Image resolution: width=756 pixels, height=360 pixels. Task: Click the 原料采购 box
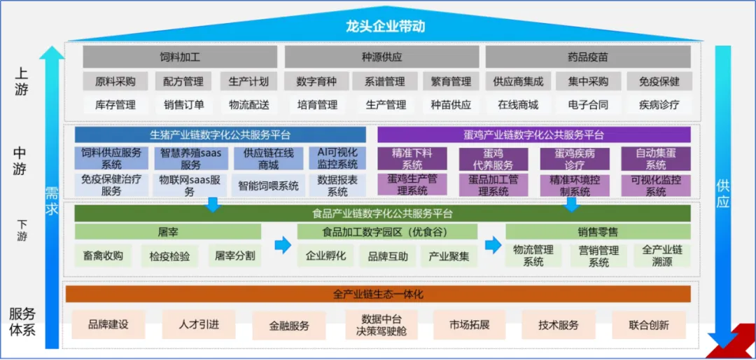click(x=115, y=81)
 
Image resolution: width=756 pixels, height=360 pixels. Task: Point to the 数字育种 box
click(x=316, y=81)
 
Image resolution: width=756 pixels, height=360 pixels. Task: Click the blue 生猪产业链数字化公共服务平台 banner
click(x=220, y=134)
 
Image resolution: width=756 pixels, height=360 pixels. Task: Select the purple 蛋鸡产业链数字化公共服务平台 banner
click(x=533, y=134)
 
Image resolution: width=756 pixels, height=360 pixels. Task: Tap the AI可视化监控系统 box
click(x=337, y=158)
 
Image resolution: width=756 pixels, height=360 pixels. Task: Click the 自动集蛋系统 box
click(x=655, y=158)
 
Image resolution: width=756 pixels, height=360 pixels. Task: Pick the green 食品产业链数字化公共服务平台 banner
click(x=382, y=214)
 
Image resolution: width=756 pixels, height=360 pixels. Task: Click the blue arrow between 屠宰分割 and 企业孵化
click(x=282, y=245)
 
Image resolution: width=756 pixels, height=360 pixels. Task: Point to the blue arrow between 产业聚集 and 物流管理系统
click(x=493, y=245)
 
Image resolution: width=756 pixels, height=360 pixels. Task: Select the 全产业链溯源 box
click(x=661, y=256)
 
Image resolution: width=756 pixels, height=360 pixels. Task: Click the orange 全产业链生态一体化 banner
click(x=377, y=294)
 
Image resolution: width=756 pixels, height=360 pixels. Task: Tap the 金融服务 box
click(x=289, y=326)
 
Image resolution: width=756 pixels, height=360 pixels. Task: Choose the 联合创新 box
click(x=648, y=325)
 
